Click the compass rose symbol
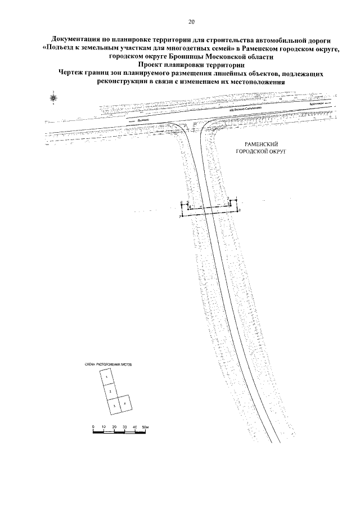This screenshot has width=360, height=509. (53, 98)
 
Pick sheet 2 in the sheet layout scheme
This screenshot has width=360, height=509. (111, 390)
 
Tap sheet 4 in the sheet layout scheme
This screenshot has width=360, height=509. (125, 404)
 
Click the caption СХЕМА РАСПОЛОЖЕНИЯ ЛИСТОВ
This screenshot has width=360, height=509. (109, 365)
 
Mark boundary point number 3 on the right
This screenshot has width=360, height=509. (240, 209)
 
